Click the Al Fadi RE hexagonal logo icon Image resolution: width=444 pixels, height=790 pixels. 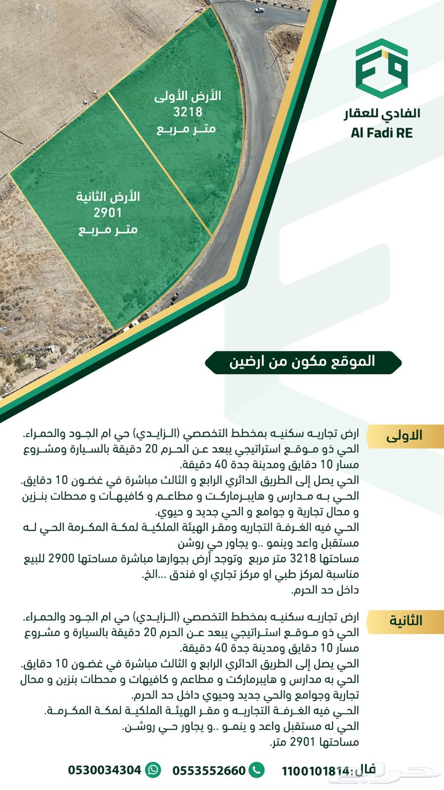tap(382, 70)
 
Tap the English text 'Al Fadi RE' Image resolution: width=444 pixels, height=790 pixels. tap(382, 133)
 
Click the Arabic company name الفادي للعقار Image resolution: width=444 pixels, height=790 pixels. tap(382, 113)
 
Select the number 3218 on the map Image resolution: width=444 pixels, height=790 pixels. tap(187, 112)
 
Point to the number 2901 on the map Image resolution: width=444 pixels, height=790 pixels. tap(108, 213)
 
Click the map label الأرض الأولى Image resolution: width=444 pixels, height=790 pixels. tap(187, 96)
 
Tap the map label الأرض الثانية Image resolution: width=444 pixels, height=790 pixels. tap(108, 197)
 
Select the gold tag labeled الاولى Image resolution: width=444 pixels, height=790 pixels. tap(404, 436)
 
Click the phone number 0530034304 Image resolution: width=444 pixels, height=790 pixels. tap(105, 770)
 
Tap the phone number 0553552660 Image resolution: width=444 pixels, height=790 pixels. tap(209, 770)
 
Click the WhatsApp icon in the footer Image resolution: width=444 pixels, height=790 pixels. tap(154, 770)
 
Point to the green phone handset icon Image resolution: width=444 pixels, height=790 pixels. tap(257, 770)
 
